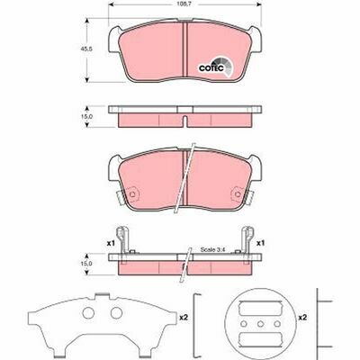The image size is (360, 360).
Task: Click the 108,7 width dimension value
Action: pos(184,5)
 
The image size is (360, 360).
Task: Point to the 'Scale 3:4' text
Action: pos(211,249)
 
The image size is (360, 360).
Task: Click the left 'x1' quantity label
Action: pos(111,243)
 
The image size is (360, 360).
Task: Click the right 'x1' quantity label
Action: pos(260,243)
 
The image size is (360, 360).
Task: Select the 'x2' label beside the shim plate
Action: pos(184,317)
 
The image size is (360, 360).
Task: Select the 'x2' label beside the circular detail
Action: pos(302,317)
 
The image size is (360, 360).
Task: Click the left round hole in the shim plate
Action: pos(88,313)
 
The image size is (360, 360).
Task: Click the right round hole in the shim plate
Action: pos(116,313)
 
